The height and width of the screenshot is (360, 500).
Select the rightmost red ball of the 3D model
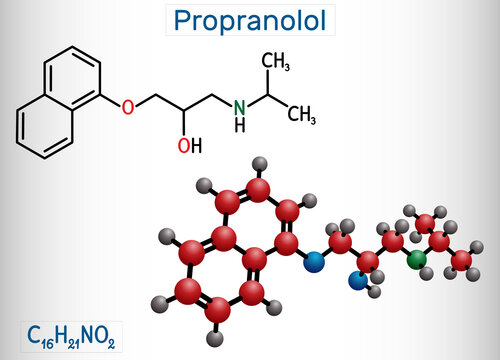461,260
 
